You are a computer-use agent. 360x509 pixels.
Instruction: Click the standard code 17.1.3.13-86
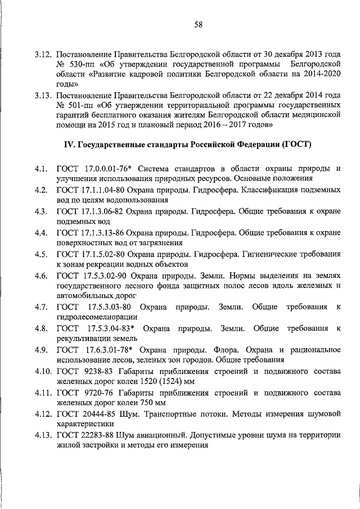click(x=105, y=233)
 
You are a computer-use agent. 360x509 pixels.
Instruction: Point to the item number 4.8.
click(x=40, y=328)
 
